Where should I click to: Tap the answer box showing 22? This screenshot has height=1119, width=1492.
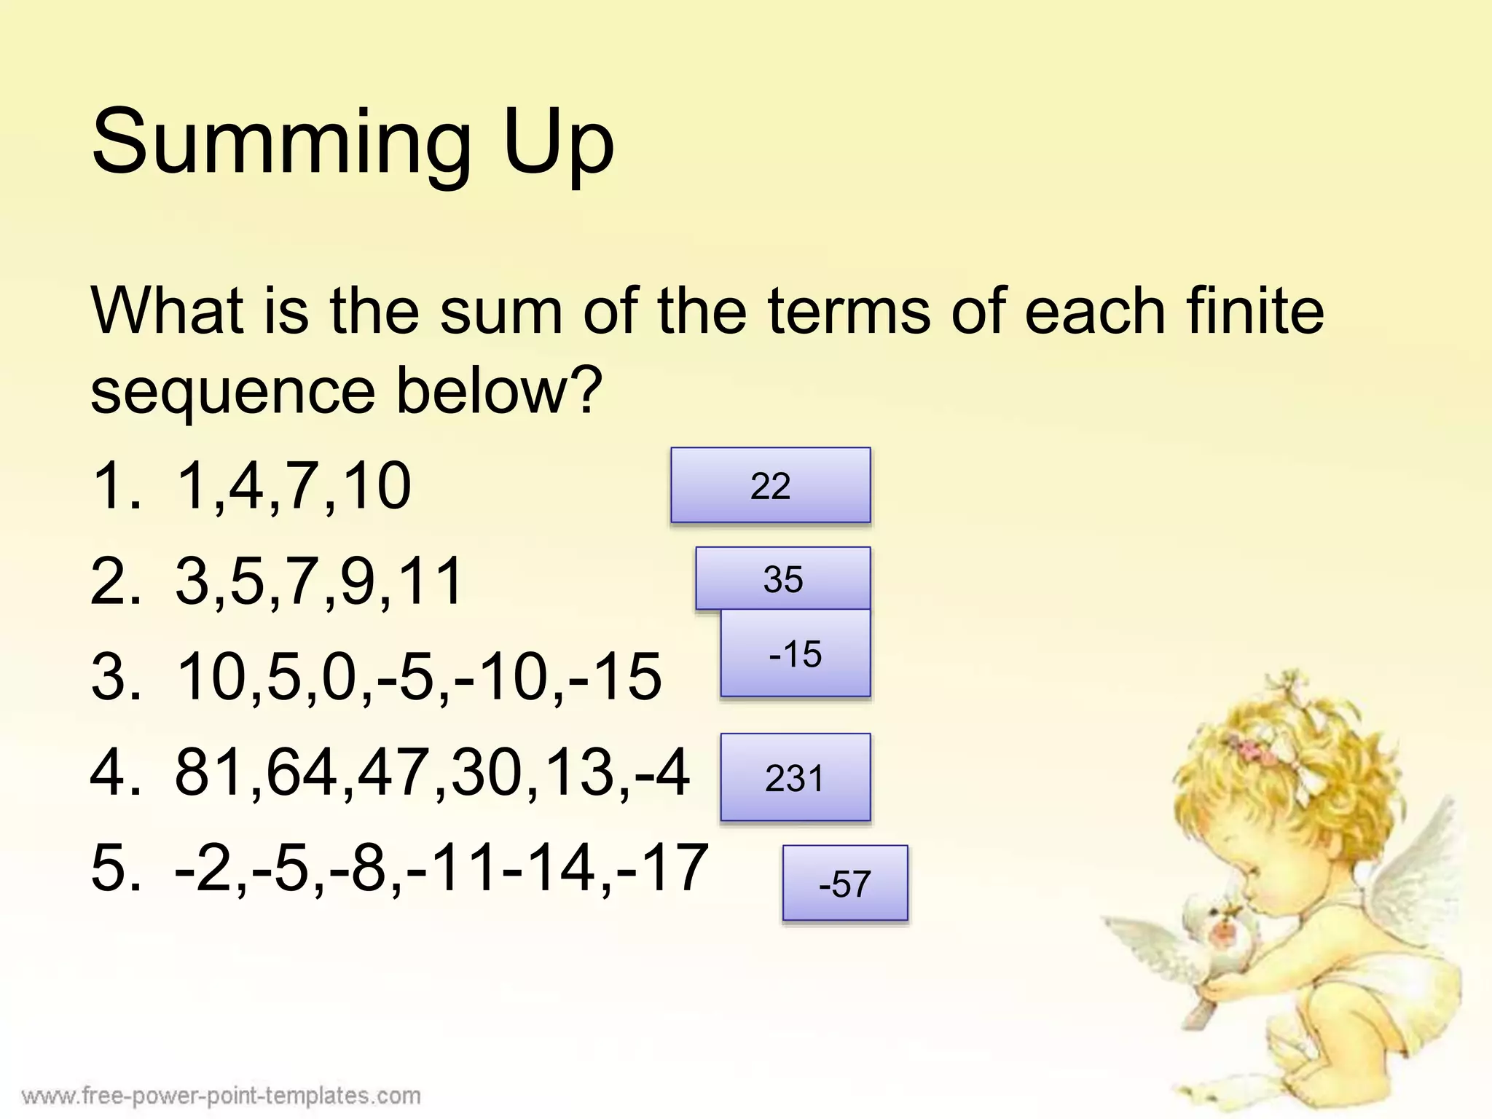770,485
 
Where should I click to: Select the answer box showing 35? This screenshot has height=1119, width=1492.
782,578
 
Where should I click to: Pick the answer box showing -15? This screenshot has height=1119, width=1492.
795,653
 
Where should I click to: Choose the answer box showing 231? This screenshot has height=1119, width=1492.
795,777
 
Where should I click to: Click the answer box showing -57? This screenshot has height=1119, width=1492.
845,883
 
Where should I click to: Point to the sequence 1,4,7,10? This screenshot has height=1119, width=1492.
294,487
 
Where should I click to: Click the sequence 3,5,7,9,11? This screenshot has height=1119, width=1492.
319,581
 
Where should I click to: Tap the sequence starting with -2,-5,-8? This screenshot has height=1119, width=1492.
441,867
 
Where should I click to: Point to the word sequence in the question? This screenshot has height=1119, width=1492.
232,393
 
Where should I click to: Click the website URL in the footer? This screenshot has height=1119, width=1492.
221,1095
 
